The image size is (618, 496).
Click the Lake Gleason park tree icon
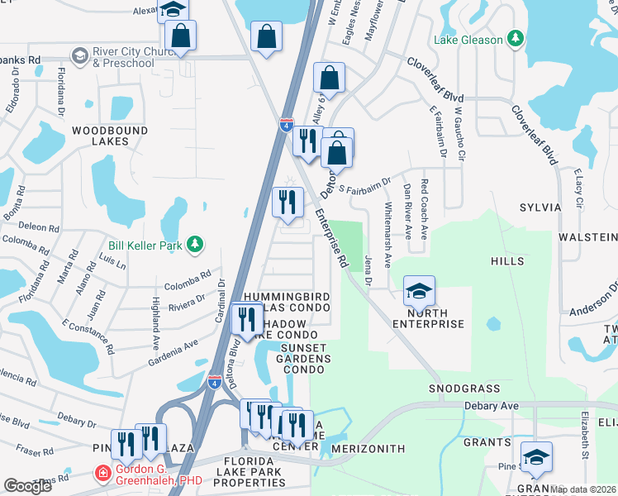pos(516,39)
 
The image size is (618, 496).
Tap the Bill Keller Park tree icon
pos(194,244)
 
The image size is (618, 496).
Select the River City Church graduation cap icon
pos(80,55)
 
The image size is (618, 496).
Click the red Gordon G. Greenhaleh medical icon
pos(102,474)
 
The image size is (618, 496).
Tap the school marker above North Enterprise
pos(419,291)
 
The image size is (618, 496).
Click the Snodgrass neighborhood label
pos(464,388)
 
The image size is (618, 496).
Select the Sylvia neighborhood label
pos(540,207)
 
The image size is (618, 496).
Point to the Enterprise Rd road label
pos(331,238)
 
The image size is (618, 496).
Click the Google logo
pos(28,486)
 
